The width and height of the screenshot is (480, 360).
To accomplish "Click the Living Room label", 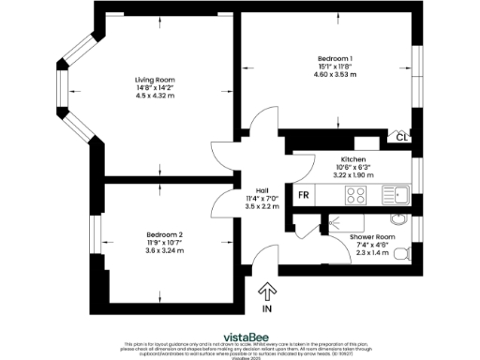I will (x=155, y=80).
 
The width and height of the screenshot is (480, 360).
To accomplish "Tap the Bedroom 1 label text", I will (x=333, y=58).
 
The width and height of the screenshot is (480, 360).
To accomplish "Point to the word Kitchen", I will (x=352, y=159).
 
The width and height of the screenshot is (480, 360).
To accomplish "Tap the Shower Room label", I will (x=372, y=236).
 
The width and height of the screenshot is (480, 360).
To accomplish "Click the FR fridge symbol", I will (x=304, y=195).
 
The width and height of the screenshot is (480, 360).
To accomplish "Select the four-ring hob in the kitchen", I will (x=357, y=195).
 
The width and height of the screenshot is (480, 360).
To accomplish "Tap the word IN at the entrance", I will (x=266, y=308).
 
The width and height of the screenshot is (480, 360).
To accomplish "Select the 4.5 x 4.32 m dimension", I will (x=155, y=96).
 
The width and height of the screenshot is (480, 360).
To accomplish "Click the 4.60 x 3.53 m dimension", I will (x=333, y=74).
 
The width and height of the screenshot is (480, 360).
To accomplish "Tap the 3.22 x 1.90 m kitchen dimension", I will (x=352, y=175).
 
